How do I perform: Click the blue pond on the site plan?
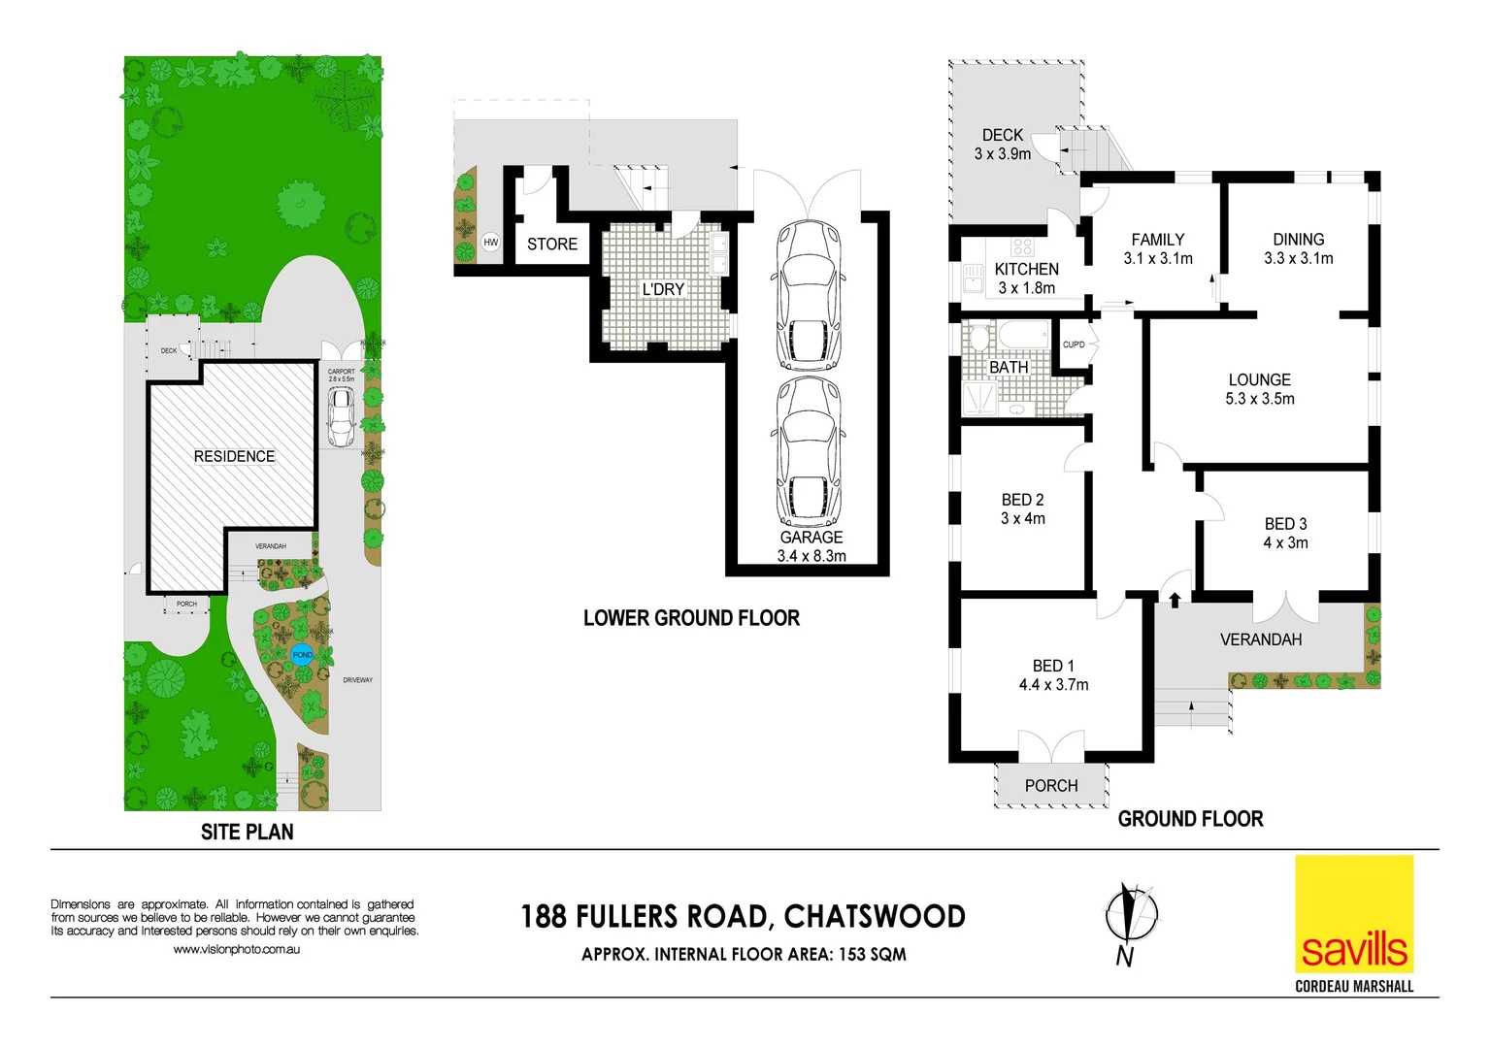pyautogui.click(x=302, y=655)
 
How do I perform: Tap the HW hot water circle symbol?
pyautogui.click(x=490, y=243)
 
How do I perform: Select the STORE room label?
pyautogui.click(x=551, y=245)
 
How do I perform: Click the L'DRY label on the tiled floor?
pyautogui.click(x=663, y=289)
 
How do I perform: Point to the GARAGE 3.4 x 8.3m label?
pyautogui.click(x=811, y=546)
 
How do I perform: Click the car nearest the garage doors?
pyautogui.click(x=809, y=296)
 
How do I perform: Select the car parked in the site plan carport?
pyautogui.click(x=340, y=415)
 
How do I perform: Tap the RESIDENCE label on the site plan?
pyautogui.click(x=234, y=456)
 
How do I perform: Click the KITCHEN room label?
pyautogui.click(x=1026, y=270)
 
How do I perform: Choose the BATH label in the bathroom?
pyautogui.click(x=1009, y=368)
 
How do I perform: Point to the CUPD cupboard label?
pyautogui.click(x=1074, y=344)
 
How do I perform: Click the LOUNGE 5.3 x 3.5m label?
pyautogui.click(x=1259, y=389)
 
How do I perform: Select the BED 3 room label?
pyautogui.click(x=1285, y=524)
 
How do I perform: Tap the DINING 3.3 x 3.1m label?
pyautogui.click(x=1298, y=248)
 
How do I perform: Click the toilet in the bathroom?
pyautogui.click(x=978, y=340)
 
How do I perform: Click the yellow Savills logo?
pyautogui.click(x=1354, y=914)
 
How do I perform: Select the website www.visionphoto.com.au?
pyautogui.click(x=236, y=949)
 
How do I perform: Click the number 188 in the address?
pyautogui.click(x=543, y=917)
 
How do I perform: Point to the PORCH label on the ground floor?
pyautogui.click(x=1051, y=786)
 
